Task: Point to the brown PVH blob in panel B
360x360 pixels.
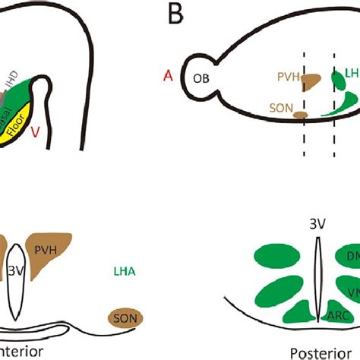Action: [312, 78]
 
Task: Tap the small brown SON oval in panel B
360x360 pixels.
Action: [302, 115]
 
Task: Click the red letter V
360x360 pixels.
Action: [35, 131]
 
